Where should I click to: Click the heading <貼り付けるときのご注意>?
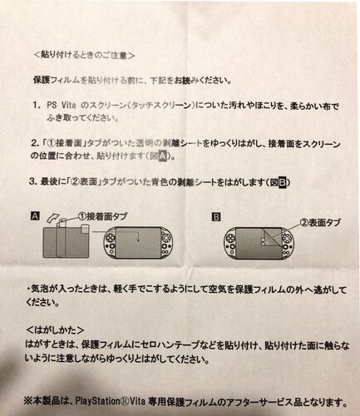[x=84, y=56]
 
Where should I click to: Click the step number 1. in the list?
[x=37, y=106]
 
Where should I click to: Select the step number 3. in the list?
[x=32, y=182]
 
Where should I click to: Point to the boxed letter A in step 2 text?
[x=163, y=157]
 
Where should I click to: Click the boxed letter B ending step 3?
[x=282, y=182]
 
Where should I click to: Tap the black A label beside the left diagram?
[x=36, y=216]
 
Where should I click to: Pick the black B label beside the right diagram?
[x=216, y=216]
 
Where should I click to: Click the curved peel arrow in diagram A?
[x=52, y=217]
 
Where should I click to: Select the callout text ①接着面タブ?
[x=103, y=216]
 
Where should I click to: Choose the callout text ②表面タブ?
[x=320, y=223]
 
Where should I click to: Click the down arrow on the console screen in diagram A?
[x=138, y=238]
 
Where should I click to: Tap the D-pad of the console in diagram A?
[x=110, y=237]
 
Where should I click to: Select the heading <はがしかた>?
[x=55, y=330]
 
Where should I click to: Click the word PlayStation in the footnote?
[x=97, y=402]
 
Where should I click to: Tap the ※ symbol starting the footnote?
[x=28, y=401]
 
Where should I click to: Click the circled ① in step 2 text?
[x=52, y=144]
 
